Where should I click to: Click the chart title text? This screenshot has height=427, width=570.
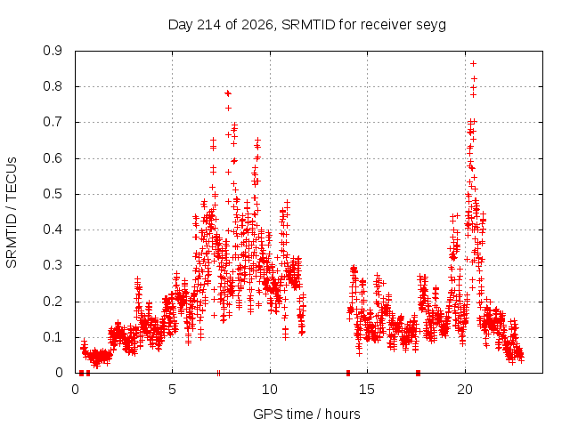click(x=307, y=25)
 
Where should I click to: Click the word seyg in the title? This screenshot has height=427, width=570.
click(x=431, y=26)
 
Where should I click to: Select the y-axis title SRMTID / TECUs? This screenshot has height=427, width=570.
click(x=12, y=213)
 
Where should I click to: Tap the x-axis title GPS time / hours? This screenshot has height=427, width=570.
click(x=306, y=414)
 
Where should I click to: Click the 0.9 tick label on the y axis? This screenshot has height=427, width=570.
click(x=53, y=51)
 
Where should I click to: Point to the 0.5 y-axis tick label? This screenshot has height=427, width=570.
click(x=53, y=194)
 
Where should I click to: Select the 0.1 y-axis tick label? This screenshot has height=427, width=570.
click(x=53, y=337)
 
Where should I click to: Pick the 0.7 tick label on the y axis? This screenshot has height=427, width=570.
click(x=53, y=122)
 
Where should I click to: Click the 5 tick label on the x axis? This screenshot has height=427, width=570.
click(x=172, y=390)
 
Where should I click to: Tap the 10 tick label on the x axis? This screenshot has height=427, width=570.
click(x=270, y=390)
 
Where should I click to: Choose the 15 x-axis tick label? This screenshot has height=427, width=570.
click(x=367, y=390)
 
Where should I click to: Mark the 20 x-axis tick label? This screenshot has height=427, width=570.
click(x=465, y=390)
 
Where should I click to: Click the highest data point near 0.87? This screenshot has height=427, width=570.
click(x=473, y=64)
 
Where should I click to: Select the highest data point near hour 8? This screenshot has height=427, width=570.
click(x=228, y=93)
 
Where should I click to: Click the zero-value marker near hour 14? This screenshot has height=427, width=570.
click(x=348, y=373)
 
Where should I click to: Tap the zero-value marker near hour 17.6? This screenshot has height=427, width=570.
click(x=418, y=373)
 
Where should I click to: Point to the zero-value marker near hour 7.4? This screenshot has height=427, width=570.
click(x=218, y=373)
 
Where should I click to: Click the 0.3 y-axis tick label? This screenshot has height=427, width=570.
click(x=53, y=265)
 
